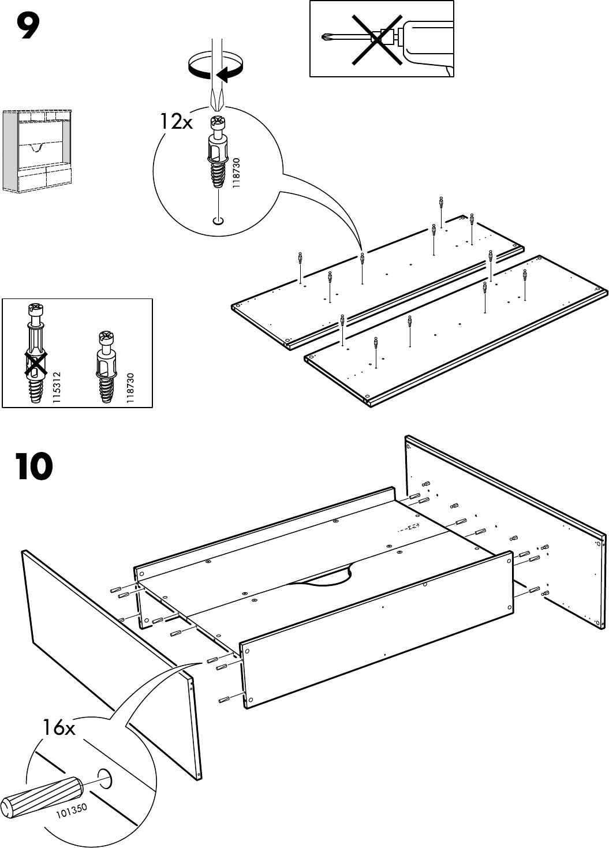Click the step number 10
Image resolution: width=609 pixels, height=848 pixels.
tap(35, 467)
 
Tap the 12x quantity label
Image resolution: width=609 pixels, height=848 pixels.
tap(176, 122)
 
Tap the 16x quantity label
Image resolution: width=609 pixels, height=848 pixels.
tap(58, 728)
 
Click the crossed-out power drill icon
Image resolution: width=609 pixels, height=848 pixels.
tap(382, 38)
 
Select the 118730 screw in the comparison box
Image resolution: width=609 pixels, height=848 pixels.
tap(106, 366)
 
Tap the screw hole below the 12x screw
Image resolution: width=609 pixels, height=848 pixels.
tap(218, 221)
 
